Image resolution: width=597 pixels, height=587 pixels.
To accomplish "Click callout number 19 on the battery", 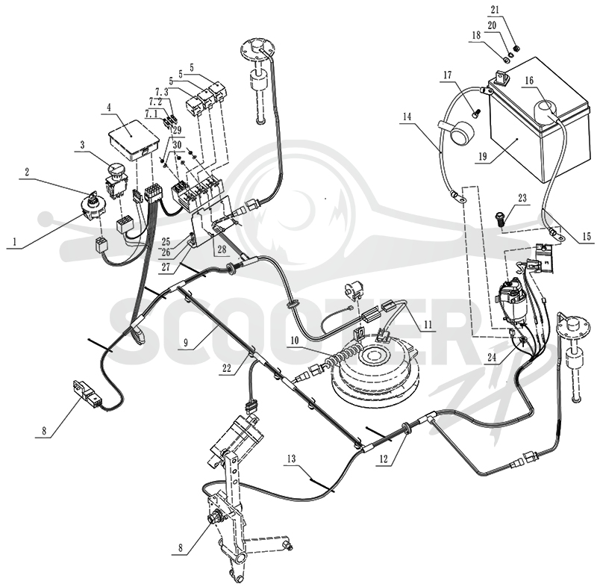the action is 483,156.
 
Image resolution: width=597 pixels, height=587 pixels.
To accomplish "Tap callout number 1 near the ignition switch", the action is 15,241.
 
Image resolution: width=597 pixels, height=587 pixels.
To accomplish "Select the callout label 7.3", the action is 161,92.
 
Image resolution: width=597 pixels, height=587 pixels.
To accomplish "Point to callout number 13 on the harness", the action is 291,459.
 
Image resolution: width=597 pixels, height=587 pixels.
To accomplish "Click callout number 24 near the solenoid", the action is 492,357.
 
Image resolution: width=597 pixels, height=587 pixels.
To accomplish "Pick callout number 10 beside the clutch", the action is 295,340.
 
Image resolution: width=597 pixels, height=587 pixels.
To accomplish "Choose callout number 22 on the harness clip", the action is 227,368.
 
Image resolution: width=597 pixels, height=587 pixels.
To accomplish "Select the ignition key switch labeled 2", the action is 92,208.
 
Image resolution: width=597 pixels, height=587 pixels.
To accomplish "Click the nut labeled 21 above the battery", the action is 517,49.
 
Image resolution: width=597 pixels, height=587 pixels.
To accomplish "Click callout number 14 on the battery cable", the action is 407,117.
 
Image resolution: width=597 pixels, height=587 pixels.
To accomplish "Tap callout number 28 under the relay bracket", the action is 222,249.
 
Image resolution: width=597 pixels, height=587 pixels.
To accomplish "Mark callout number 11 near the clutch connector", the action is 428,325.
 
